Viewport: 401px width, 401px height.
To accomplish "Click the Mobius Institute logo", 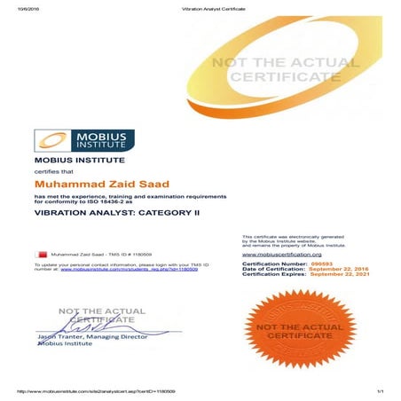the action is [x=84, y=140].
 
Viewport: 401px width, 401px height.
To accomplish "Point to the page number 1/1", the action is [x=379, y=391].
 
